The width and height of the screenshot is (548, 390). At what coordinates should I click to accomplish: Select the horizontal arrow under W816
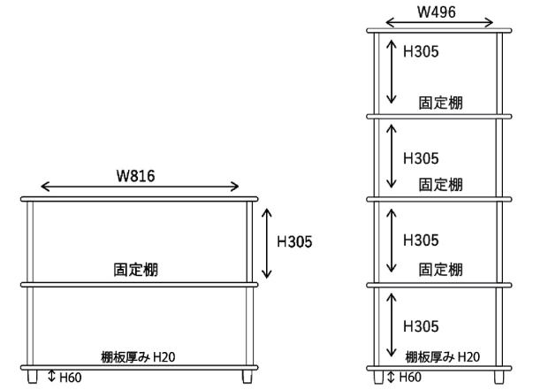pyautogui.click(x=140, y=187)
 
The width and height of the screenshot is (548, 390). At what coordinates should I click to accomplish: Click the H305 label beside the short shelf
pyautogui.click(x=294, y=241)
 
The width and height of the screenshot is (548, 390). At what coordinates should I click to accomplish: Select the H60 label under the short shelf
pyautogui.click(x=70, y=378)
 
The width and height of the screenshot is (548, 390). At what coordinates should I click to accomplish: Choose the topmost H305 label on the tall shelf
pyautogui.click(x=421, y=51)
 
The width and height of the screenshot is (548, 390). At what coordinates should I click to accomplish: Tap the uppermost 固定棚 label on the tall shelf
pyautogui.click(x=440, y=103)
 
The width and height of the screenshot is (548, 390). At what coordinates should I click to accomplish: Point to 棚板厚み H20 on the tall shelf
pyautogui.click(x=442, y=356)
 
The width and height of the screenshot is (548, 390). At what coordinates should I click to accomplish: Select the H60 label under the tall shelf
pyautogui.click(x=409, y=378)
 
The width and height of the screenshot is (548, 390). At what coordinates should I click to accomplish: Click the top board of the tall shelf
pyautogui.click(x=440, y=33)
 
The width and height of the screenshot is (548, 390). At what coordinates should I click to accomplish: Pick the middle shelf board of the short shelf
pyautogui.click(x=140, y=284)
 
